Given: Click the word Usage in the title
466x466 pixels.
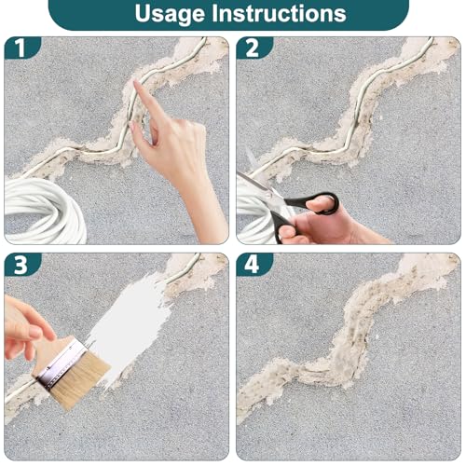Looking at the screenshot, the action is pyautogui.click(x=171, y=14).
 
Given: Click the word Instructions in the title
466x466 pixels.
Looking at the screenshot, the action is pyautogui.click(x=279, y=13).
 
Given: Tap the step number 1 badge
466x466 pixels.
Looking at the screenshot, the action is pyautogui.click(x=21, y=48).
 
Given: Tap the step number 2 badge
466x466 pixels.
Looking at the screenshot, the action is pyautogui.click(x=253, y=48).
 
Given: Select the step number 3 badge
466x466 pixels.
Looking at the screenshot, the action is pyautogui.click(x=21, y=265).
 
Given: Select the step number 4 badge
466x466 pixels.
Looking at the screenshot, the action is pyautogui.click(x=253, y=265).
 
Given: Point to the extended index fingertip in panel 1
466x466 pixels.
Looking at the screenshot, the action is pyautogui.click(x=136, y=82).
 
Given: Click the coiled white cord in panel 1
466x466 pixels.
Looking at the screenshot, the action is pyautogui.click(x=44, y=212).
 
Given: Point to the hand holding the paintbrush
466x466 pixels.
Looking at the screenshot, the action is pyautogui.click(x=23, y=326).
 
